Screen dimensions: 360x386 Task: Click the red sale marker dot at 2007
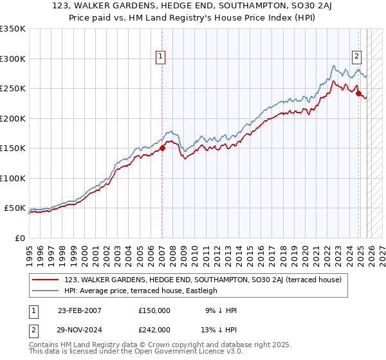click(162, 148)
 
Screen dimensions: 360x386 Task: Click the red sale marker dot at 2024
click(358, 93)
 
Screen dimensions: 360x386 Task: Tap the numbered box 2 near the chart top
click(356, 56)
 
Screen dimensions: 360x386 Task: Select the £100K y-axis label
click(13, 178)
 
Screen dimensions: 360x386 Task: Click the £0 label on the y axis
click(19, 238)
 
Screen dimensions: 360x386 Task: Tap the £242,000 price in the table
click(154, 329)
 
